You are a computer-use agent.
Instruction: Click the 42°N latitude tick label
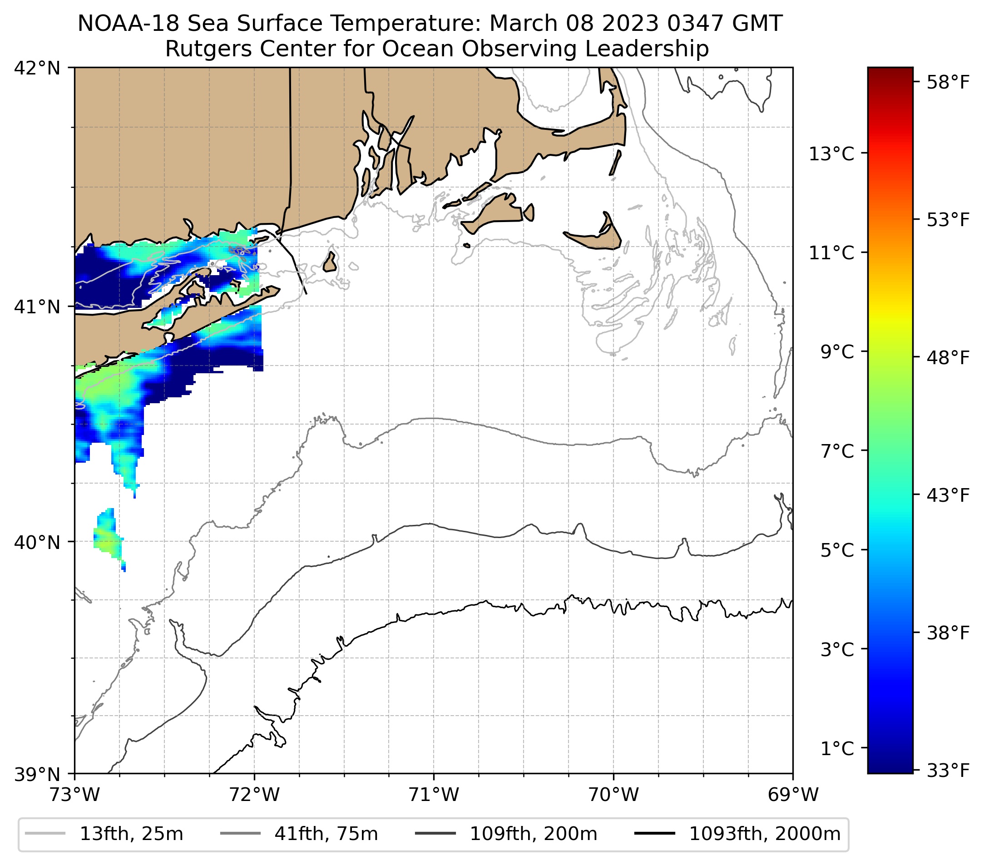tap(37, 69)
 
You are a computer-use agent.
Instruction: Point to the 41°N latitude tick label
tap(37, 306)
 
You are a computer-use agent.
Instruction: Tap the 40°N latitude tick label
tap(37, 542)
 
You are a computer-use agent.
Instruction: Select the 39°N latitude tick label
tap(37, 775)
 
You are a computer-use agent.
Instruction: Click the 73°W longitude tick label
tap(74, 795)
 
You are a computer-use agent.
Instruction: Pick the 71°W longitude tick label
tap(434, 795)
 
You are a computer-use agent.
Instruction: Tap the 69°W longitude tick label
tap(793, 795)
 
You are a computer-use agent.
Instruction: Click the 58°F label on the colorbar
tap(948, 83)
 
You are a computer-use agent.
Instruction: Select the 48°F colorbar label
tap(948, 358)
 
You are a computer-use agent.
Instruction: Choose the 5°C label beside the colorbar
tap(837, 550)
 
